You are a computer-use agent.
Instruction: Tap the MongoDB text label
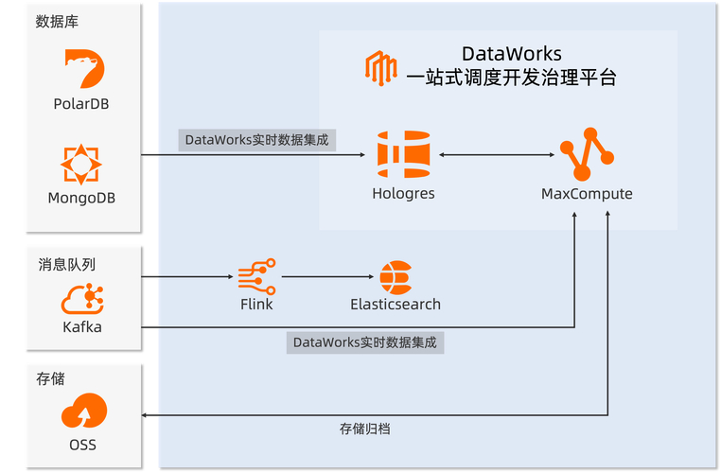click(81, 198)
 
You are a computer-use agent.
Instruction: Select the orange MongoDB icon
click(81, 164)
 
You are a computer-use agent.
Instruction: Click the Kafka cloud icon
click(81, 299)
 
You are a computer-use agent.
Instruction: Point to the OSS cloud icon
click(82, 412)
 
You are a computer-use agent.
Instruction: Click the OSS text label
click(82, 445)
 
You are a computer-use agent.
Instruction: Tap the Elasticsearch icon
click(396, 277)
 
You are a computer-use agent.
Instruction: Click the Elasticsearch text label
click(396, 305)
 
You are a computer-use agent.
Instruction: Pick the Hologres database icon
click(403, 154)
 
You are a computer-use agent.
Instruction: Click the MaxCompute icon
click(587, 154)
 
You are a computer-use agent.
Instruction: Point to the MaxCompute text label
click(587, 194)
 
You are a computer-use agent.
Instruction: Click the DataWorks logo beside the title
click(380, 68)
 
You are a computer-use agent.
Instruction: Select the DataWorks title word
click(511, 54)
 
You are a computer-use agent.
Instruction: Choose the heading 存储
click(50, 378)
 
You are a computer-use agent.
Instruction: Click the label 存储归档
click(364, 429)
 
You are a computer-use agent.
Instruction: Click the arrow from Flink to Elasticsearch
click(327, 277)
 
